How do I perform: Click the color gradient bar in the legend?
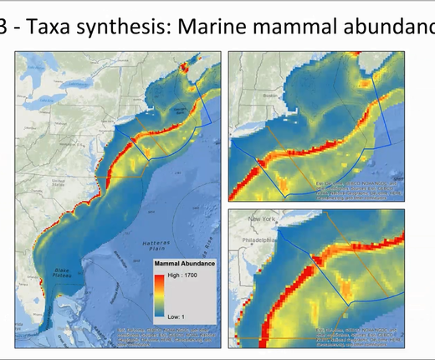pyautogui.click(x=161, y=297)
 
